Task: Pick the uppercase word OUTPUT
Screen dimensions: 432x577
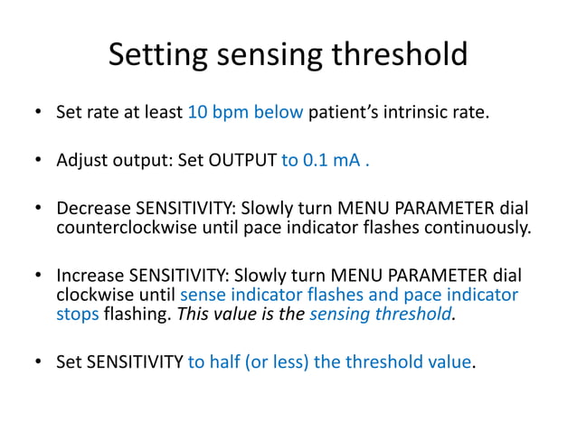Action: tap(244, 162)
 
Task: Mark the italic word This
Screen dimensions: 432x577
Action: tap(193, 314)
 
